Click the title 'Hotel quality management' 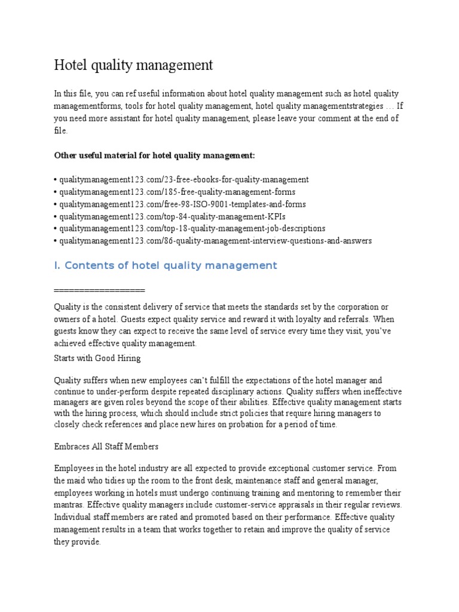pyautogui.click(x=133, y=65)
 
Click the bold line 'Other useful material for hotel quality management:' pyautogui.click(x=154, y=155)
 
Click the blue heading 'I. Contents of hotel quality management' pyautogui.click(x=166, y=265)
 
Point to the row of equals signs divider pyautogui.click(x=99, y=290)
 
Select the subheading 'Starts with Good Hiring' pyautogui.click(x=97, y=358)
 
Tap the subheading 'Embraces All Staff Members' pyautogui.click(x=106, y=446)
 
